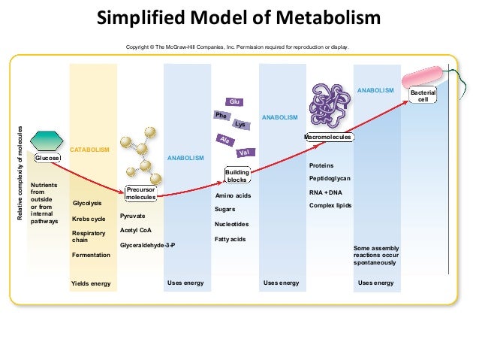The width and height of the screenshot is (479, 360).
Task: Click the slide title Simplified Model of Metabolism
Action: [239, 17]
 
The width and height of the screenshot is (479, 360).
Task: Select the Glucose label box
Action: [48, 159]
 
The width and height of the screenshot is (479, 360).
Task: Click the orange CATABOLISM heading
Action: [89, 150]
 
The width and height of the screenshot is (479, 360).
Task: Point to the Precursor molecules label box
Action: [140, 193]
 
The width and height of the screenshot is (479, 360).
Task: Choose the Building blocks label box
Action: [237, 176]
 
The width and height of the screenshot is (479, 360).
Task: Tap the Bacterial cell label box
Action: [422, 96]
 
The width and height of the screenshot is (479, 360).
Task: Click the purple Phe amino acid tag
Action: [221, 116]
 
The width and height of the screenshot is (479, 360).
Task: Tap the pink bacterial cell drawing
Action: [424, 77]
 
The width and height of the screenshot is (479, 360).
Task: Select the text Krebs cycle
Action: [89, 219]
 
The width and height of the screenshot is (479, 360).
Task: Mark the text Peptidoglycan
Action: [330, 178]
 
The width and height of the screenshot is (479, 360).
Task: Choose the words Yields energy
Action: [90, 283]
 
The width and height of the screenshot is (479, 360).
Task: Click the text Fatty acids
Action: [230, 239]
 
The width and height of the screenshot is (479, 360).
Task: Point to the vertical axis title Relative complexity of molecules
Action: [20, 172]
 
